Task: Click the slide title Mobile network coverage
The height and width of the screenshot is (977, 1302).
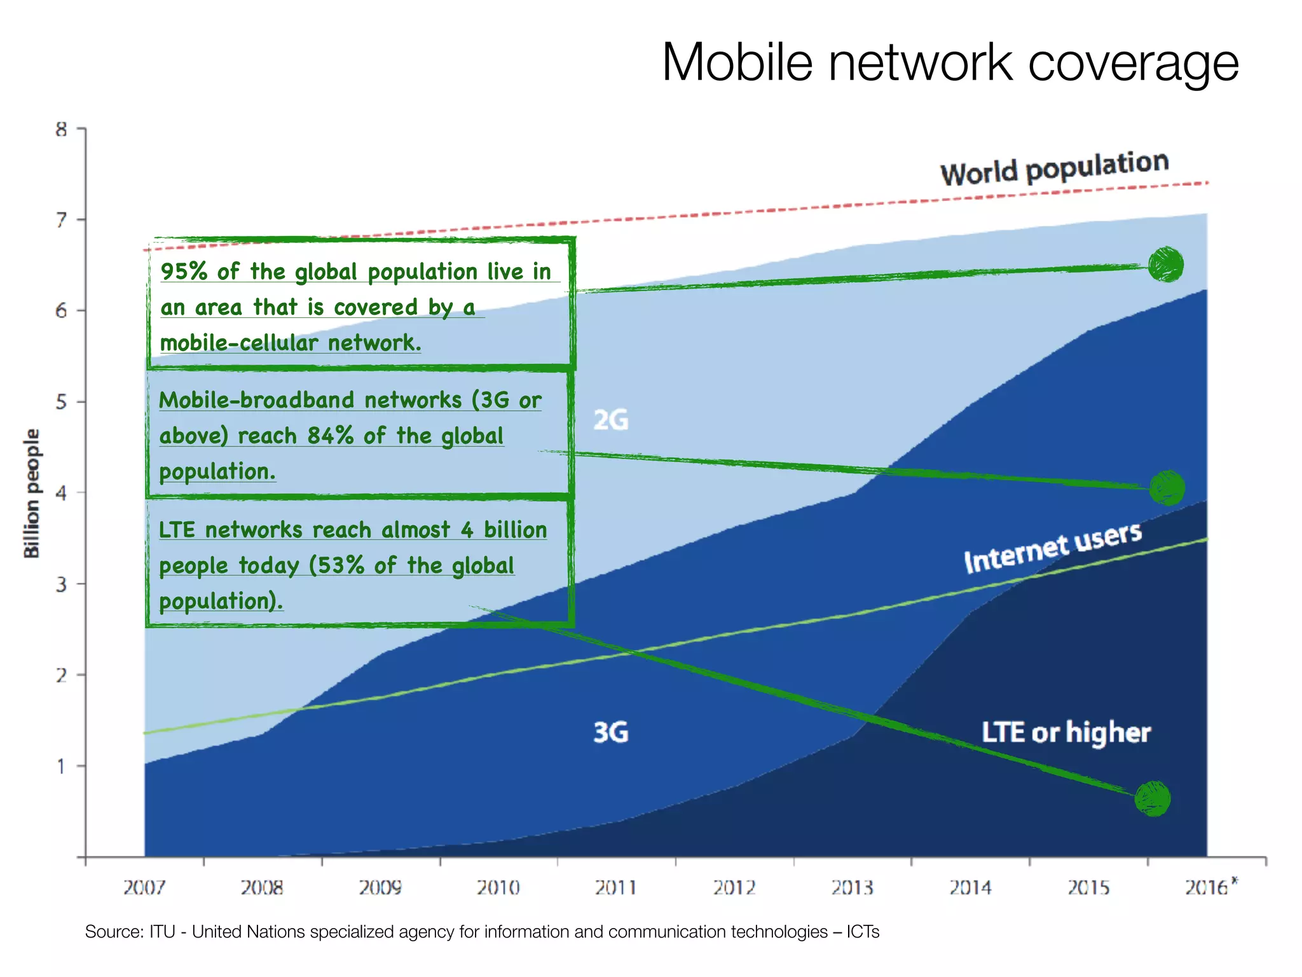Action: (950, 62)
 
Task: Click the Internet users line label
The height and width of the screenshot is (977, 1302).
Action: (1052, 548)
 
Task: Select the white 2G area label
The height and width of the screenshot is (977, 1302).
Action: (610, 420)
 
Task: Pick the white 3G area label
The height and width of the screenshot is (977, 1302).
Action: (610, 732)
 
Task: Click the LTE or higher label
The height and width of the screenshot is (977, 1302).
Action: (1066, 732)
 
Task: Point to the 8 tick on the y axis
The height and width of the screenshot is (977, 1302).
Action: (61, 129)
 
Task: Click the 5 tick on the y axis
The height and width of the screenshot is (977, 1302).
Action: (61, 402)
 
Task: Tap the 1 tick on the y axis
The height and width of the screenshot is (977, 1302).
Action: (61, 766)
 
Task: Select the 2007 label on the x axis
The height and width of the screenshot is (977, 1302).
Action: (144, 887)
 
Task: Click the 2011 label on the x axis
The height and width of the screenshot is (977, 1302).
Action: (615, 887)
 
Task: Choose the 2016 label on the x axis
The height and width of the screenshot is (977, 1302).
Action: (1206, 887)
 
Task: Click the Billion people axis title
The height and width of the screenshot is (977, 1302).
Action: (31, 494)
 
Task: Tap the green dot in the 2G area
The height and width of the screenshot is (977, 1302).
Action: (1165, 265)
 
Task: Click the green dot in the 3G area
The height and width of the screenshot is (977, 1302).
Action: (1167, 488)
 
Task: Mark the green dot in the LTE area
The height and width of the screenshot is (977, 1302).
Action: (1152, 799)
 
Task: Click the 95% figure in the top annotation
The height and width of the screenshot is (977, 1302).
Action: (184, 272)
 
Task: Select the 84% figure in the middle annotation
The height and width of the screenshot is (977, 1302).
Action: (330, 436)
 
